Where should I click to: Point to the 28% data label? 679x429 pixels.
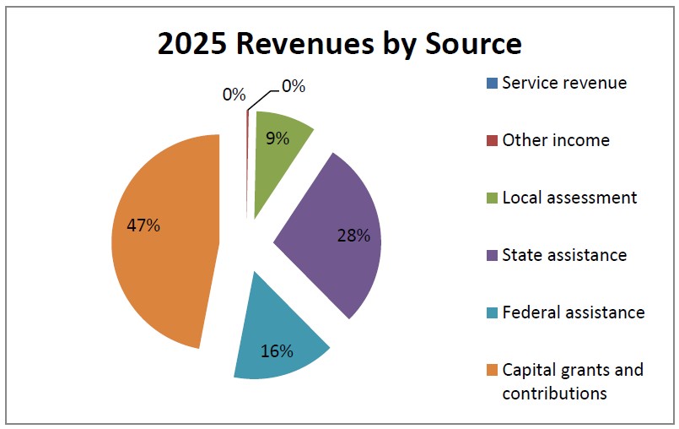click(x=353, y=236)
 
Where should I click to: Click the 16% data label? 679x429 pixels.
click(x=277, y=351)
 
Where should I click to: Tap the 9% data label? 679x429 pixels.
click(x=278, y=138)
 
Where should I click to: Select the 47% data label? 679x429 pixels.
click(x=143, y=225)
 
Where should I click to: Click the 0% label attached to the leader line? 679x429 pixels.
click(x=294, y=86)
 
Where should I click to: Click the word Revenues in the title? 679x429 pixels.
click(x=304, y=44)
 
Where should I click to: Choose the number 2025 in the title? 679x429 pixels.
click(x=191, y=44)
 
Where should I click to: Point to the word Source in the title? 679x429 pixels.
click(x=474, y=44)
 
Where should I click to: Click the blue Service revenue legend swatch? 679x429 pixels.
click(x=492, y=83)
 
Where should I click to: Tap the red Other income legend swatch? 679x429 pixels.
click(x=492, y=140)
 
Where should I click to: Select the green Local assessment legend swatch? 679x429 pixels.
click(x=492, y=198)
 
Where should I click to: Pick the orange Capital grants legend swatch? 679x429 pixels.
click(x=492, y=370)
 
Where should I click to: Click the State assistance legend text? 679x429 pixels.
click(x=564, y=255)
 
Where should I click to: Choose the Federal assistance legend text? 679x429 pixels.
click(x=574, y=312)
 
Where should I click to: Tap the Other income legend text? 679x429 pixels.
click(x=556, y=140)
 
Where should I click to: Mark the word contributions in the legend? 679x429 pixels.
click(x=554, y=394)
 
